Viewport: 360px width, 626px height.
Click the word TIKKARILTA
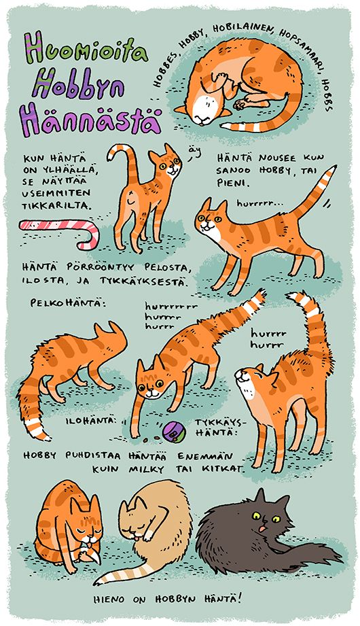(56, 207)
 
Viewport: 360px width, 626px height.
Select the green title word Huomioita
(86, 49)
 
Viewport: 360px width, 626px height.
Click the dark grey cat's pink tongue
(262, 529)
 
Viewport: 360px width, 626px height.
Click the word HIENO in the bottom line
(109, 599)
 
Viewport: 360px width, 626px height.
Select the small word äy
(193, 152)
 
